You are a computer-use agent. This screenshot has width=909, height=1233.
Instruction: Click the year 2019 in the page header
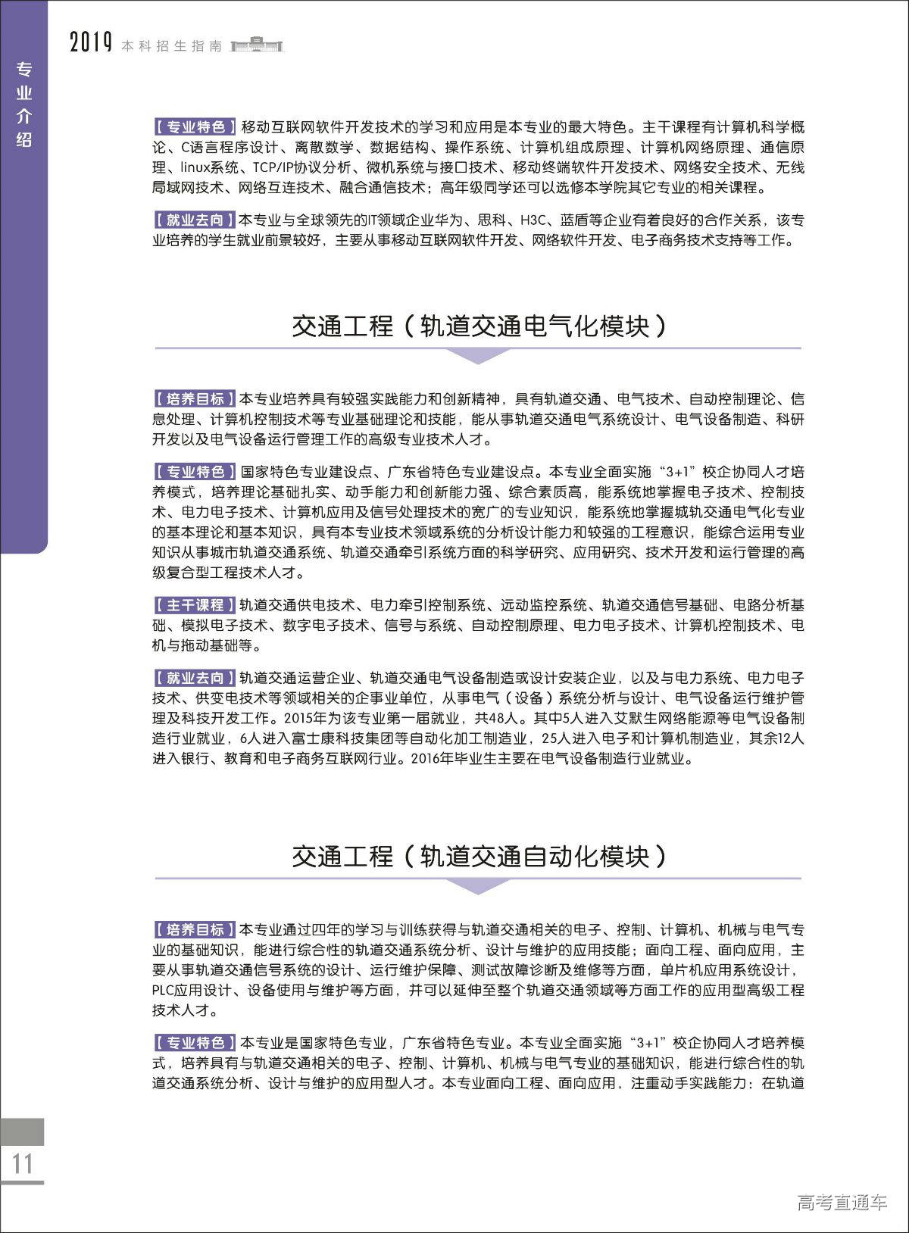coord(91,43)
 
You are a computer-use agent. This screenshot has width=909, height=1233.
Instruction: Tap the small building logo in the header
coord(257,45)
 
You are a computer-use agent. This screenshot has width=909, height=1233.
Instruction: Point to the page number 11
coord(22,1163)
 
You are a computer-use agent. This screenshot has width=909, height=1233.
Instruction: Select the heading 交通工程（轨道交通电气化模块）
coord(479,326)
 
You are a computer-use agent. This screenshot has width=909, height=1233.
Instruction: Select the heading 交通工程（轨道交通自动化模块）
coord(479,857)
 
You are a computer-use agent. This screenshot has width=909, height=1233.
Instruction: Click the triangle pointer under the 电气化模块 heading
coord(478,354)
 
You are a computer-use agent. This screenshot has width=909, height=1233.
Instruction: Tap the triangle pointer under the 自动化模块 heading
coord(478,885)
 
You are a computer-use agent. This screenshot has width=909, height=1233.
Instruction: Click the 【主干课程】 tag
coord(195,605)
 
